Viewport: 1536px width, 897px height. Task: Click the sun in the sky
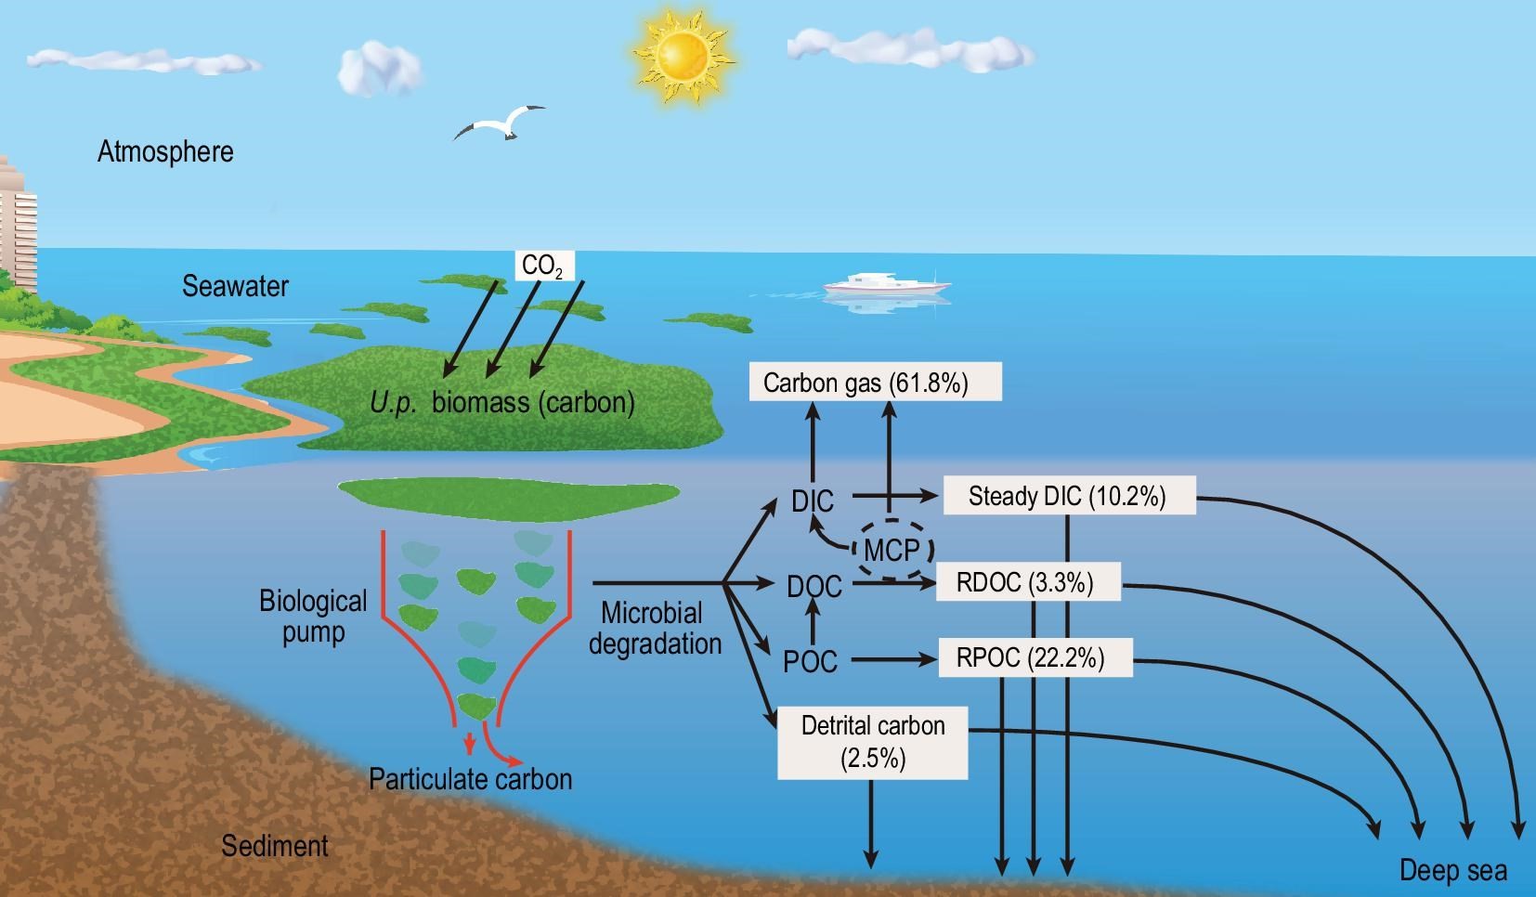point(683,55)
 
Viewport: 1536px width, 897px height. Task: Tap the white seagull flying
point(501,123)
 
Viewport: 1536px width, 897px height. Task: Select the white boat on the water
point(887,283)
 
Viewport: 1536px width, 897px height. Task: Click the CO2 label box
point(542,266)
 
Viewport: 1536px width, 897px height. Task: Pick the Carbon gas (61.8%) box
point(875,383)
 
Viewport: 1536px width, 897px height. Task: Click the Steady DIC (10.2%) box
point(1067,496)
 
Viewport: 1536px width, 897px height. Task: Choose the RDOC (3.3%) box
point(1025,582)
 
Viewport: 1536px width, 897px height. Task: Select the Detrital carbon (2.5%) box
point(873,742)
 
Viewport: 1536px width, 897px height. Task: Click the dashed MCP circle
point(892,550)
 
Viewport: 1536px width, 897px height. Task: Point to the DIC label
point(813,501)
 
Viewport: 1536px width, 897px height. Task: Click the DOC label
point(814,587)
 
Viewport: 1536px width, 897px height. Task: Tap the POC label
point(810,662)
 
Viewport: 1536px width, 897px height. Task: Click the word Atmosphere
point(165,151)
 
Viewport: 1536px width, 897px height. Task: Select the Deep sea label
point(1452,870)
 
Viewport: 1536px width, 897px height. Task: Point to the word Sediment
point(275,846)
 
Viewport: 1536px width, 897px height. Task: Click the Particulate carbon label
point(470,778)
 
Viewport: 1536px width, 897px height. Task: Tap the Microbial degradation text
point(654,629)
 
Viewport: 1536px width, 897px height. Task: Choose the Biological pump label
point(313,617)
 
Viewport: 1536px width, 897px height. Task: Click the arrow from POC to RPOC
point(892,659)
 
